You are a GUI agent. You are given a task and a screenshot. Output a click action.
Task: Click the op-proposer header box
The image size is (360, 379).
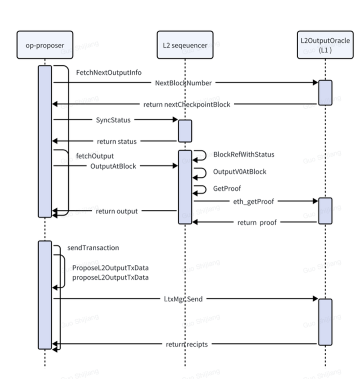click(x=45, y=45)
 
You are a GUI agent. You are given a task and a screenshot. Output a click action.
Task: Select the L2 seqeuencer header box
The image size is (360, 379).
click(x=185, y=45)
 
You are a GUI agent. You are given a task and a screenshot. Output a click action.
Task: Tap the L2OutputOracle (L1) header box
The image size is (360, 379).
click(x=325, y=45)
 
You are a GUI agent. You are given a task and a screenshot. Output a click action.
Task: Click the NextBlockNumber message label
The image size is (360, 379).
click(x=183, y=83)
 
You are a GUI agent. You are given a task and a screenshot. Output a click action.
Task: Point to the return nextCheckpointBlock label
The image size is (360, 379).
click(x=187, y=105)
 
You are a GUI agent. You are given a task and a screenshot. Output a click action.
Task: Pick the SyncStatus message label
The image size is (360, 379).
click(x=113, y=120)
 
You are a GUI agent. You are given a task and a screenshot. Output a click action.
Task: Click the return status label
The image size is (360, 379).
click(x=117, y=142)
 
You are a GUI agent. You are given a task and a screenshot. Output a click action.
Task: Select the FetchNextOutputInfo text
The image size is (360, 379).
click(x=109, y=73)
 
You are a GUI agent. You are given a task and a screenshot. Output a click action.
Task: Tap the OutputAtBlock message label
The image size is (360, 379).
click(x=113, y=166)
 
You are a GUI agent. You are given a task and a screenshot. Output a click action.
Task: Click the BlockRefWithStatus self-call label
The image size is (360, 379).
click(x=244, y=155)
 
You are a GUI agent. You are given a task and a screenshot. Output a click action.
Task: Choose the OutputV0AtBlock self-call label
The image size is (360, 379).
click(x=240, y=172)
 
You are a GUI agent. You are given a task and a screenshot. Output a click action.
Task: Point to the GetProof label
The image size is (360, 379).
click(x=227, y=189)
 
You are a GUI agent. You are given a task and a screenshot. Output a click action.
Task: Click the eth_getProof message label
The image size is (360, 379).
click(x=254, y=201)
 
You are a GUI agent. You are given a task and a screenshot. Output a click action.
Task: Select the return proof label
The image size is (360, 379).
click(x=257, y=222)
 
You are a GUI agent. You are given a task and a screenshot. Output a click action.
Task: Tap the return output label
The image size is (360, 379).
click(x=117, y=211)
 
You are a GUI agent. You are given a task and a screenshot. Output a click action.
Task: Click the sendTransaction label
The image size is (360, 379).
click(x=93, y=248)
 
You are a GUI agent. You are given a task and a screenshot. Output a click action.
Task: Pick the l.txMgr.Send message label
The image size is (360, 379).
click(x=183, y=299)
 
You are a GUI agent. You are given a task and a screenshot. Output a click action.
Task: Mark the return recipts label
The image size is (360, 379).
click(x=187, y=344)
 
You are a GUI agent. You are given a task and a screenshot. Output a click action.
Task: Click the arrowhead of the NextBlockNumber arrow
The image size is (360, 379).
click(x=315, y=83)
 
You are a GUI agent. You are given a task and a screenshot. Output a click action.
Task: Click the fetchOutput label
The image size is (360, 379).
click(x=95, y=156)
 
